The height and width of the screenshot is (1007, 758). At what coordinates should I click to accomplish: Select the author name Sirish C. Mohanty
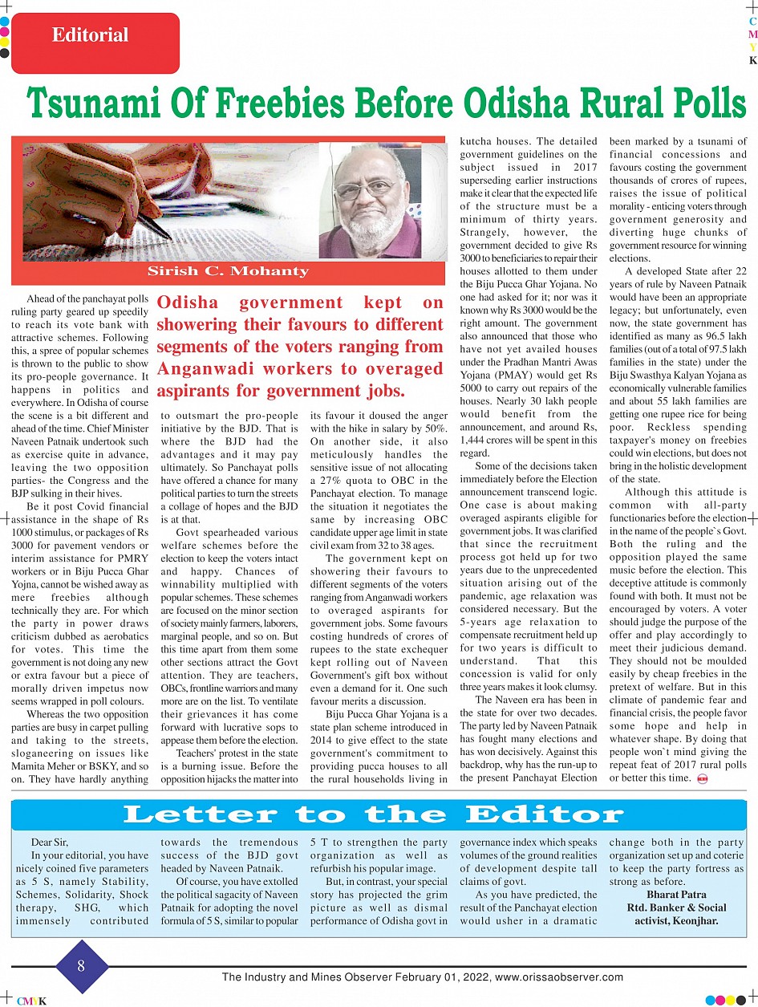tap(228, 270)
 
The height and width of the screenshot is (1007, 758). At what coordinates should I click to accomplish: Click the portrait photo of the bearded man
tap(369, 201)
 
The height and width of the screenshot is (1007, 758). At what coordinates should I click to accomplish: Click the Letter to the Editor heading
tap(374, 815)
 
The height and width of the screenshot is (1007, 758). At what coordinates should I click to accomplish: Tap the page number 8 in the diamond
tap(81, 965)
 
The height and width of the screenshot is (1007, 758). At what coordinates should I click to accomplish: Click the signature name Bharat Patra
tap(676, 895)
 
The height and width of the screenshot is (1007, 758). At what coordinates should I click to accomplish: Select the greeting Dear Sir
tap(50, 843)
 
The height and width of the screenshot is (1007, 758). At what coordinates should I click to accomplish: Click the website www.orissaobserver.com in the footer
tap(559, 977)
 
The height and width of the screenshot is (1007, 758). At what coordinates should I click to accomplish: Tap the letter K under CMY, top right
tap(752, 61)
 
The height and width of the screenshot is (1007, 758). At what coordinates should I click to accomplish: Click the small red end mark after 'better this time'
tap(702, 778)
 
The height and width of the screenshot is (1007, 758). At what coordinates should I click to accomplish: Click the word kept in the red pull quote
tap(381, 303)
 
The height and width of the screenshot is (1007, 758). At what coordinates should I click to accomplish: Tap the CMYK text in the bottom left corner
tap(32, 1001)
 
